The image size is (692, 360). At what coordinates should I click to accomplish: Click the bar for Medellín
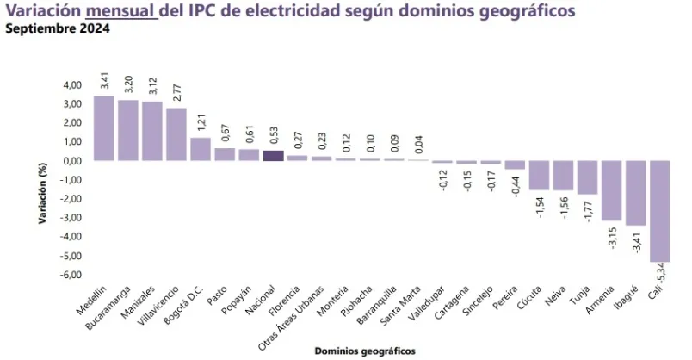103,128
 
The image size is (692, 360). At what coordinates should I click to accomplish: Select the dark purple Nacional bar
273,156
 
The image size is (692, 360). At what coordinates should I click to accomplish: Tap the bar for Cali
660,211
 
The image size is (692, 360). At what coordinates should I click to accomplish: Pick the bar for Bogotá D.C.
201,150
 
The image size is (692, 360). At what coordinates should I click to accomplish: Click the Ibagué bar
636,193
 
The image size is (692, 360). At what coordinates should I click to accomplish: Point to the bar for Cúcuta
539,176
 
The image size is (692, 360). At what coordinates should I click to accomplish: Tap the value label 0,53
273,138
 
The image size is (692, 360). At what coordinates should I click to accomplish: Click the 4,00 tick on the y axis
72,85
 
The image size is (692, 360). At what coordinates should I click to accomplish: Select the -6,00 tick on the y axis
71,275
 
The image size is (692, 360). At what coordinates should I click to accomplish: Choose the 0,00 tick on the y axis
72,161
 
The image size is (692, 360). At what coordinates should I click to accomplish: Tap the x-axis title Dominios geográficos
365,351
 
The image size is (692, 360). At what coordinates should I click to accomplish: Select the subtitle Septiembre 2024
57,28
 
